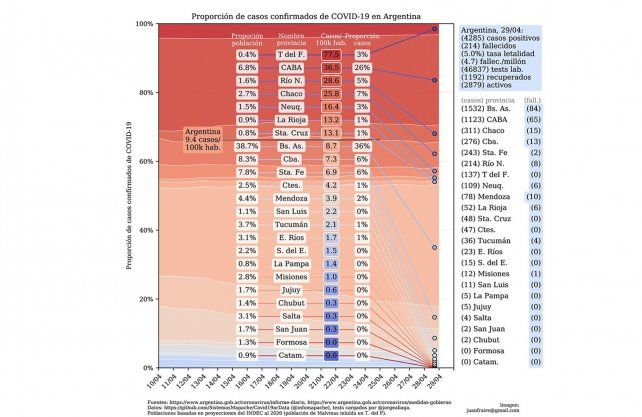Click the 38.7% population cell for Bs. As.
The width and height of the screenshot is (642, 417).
point(248,146)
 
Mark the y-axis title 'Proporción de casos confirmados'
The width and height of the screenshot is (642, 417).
point(129,195)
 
